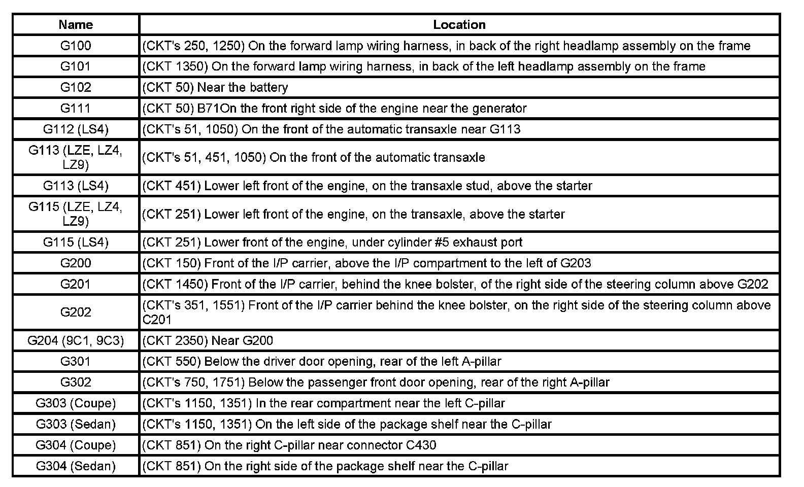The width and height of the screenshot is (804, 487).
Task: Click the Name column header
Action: (76, 24)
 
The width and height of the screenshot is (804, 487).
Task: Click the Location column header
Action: (459, 24)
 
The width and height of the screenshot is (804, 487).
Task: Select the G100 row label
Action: (76, 46)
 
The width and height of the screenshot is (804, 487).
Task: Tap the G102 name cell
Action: (76, 87)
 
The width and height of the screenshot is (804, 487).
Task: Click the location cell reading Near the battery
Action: (215, 87)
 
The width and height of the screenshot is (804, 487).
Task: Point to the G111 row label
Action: (76, 108)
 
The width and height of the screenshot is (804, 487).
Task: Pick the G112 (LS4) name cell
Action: (76, 129)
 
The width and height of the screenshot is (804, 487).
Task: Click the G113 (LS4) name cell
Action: (76, 186)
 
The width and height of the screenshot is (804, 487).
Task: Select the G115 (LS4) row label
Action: (76, 242)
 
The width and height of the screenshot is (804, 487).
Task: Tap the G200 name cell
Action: (76, 263)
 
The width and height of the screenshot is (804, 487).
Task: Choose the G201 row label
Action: (76, 284)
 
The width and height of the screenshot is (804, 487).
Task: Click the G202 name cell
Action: (76, 312)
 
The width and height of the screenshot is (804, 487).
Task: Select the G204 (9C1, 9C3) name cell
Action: (76, 340)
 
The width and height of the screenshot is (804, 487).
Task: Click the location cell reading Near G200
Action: (215, 340)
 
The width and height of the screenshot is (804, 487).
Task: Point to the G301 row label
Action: (76, 361)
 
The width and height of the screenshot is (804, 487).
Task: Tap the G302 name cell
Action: (76, 382)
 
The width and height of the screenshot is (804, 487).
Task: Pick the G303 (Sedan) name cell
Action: (76, 424)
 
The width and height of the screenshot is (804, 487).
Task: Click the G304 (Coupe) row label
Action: (76, 445)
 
